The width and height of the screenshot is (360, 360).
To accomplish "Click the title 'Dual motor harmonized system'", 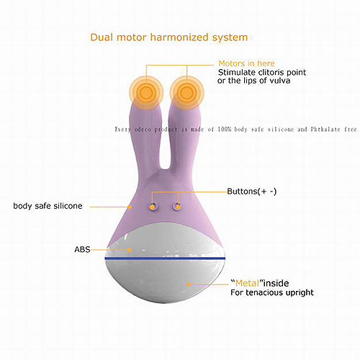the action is [x=169, y=37].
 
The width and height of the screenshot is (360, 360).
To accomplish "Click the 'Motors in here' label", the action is [x=246, y=63].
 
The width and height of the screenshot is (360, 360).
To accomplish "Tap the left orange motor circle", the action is [x=146, y=93].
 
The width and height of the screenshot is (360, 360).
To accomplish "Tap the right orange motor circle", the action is [x=186, y=93].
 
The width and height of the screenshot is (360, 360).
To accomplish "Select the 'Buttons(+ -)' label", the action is [x=252, y=192].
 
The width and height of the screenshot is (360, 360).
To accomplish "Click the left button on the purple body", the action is [x=152, y=207].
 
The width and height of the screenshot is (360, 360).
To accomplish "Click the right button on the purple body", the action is [x=178, y=207].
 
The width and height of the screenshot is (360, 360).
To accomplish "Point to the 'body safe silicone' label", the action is [x=48, y=206].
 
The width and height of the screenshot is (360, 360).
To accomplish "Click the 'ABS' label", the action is [x=82, y=249].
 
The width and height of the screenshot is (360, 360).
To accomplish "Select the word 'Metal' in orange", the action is [x=247, y=284].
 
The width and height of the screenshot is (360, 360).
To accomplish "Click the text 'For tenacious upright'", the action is [x=272, y=292].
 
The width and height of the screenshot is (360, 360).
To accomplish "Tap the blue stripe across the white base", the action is [x=165, y=258].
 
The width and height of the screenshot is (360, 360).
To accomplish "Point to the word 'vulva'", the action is [x=280, y=81].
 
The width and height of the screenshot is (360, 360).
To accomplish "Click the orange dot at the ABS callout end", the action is [x=130, y=250].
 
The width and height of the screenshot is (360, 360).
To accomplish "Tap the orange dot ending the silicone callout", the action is [x=130, y=207].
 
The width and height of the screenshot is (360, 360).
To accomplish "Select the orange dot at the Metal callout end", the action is [x=189, y=284].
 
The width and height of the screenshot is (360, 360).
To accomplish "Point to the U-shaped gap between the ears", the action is [x=165, y=144].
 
